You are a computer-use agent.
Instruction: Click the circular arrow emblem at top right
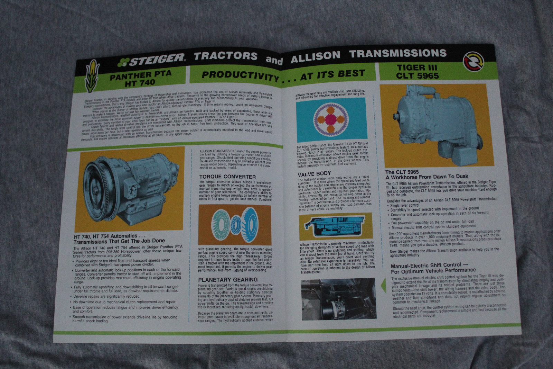click(472, 61)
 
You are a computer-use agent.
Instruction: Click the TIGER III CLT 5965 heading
click(417, 71)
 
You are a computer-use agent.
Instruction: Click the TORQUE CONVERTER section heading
click(227, 177)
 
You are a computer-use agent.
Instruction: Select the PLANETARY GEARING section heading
click(228, 279)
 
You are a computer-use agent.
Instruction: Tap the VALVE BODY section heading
click(314, 174)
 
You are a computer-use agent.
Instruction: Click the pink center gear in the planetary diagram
click(331, 119)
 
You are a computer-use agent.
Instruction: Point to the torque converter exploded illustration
click(235, 225)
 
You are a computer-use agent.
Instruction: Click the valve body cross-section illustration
click(335, 226)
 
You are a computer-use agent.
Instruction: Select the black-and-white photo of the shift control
click(338, 299)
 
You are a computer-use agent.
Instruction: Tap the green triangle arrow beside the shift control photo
click(383, 286)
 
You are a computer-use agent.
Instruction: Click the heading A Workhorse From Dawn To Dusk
click(427, 177)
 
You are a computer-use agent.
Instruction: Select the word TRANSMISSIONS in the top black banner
click(397, 54)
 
